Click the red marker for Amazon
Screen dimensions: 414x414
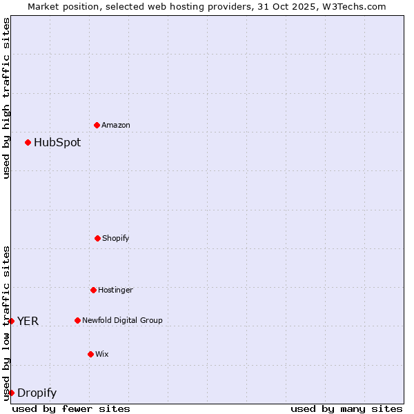[x=97, y=125]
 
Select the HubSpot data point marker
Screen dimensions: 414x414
[x=28, y=143]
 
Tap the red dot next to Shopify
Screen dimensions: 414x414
[x=97, y=238]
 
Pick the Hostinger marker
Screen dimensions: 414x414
[x=93, y=290]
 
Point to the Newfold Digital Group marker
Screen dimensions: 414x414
[x=77, y=320]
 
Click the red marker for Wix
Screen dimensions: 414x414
[x=90, y=354]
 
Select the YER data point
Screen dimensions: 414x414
[x=11, y=321]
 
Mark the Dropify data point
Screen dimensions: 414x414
[x=11, y=393]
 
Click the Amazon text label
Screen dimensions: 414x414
[x=116, y=126]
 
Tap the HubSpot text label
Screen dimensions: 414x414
[x=57, y=143]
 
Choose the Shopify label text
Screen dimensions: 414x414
[x=116, y=239]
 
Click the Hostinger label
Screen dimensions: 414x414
[x=115, y=290]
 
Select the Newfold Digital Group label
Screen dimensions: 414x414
[x=123, y=321]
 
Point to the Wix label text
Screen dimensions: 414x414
[x=102, y=355]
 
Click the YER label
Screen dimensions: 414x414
[x=28, y=321]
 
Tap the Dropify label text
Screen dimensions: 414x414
[x=37, y=393]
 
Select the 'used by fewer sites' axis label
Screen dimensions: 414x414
[x=71, y=408]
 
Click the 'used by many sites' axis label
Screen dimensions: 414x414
[x=346, y=408]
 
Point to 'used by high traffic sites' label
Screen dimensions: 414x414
[x=6, y=98]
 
